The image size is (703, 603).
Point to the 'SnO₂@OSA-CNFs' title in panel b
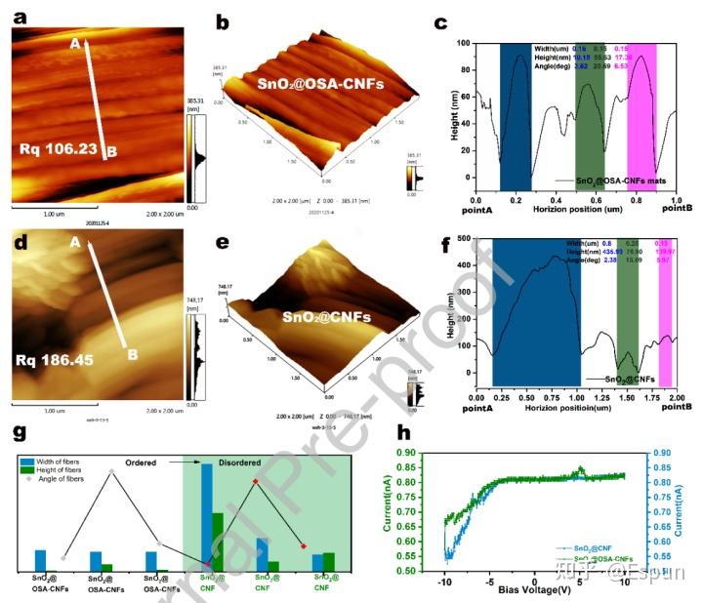pyautogui.click(x=321, y=84)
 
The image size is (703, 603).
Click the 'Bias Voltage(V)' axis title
pyautogui.click(x=535, y=590)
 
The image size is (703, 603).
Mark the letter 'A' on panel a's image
pyautogui.click(x=73, y=44)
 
